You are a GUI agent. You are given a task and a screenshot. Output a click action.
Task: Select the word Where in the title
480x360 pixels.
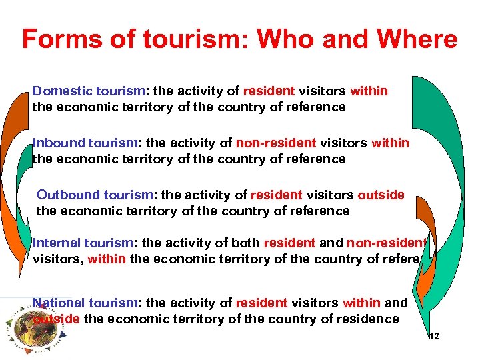coord(414,39)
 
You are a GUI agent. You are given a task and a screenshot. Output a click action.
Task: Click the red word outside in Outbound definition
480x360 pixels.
coord(381,195)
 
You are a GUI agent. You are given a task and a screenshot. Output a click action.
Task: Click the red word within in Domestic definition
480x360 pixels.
coord(369,91)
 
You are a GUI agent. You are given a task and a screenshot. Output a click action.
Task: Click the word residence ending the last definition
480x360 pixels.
coord(367,319)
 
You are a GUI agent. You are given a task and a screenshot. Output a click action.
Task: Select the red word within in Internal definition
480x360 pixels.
coord(106,259)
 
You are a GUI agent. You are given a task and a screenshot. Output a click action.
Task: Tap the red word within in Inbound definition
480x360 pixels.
coord(391,143)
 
